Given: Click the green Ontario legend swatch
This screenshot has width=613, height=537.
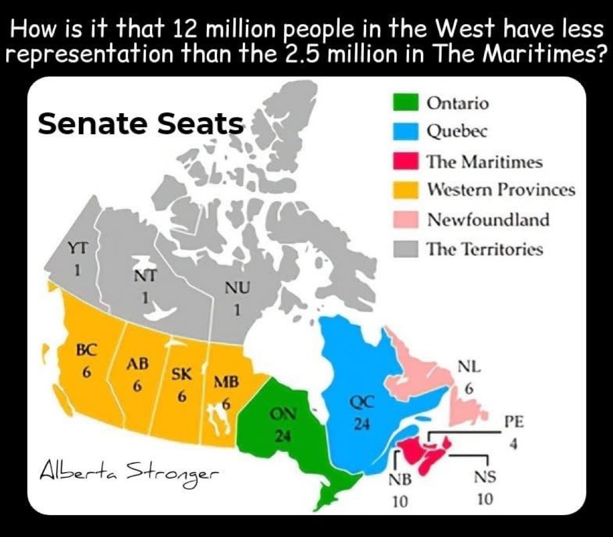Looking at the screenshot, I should coord(405,103).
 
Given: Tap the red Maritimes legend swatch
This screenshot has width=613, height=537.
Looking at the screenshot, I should coord(405,161).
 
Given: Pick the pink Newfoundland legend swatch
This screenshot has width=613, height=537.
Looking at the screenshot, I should coord(405,219).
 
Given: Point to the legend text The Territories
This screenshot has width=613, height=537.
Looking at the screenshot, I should coord(485,248).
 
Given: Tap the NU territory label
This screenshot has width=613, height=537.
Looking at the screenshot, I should coord(237,289).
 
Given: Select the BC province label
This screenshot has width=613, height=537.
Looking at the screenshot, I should coord(88,348).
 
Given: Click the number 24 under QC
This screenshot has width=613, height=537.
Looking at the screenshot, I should coord(361,425).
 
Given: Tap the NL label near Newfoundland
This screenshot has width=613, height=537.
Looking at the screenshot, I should coord(469,367).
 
